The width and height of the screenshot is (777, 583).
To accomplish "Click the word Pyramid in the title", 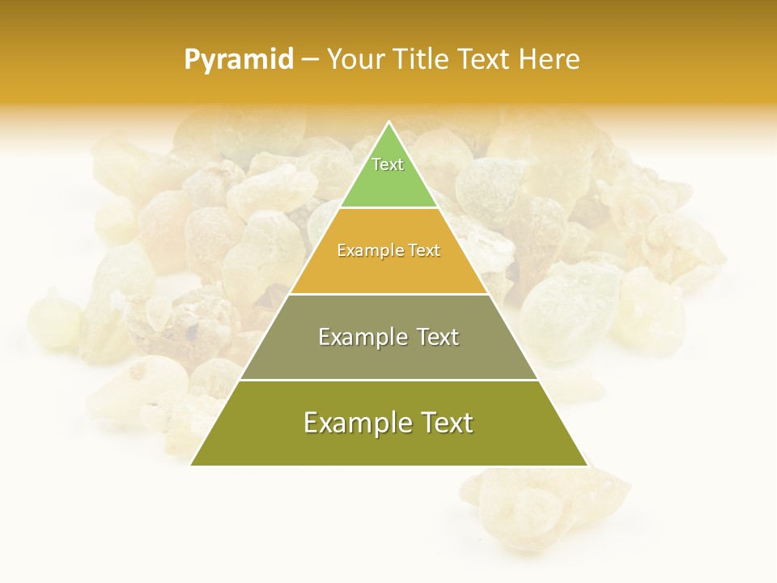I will [238, 60].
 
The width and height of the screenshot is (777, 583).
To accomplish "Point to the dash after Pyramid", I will [310, 60].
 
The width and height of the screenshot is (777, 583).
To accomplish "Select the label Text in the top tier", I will [388, 164].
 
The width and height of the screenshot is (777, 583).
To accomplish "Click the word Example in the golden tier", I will [363, 250].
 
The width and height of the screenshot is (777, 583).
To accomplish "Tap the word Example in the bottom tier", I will [353, 423].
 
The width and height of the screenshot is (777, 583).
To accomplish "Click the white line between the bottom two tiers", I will [388, 380].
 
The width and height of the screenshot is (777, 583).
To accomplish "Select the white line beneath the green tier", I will [388, 208].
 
